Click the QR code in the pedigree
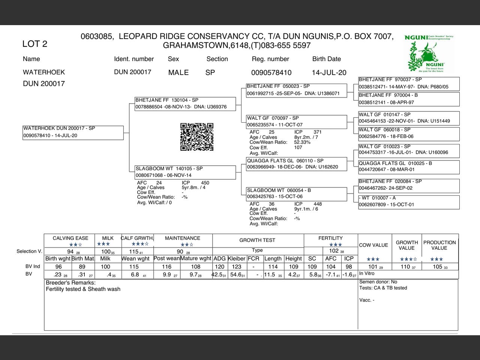[197, 137]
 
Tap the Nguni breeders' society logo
[429, 53]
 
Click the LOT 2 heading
[35, 44]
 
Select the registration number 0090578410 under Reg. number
[271, 73]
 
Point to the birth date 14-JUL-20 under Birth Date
[329, 73]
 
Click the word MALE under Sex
[178, 73]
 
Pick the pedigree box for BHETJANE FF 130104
[185, 104]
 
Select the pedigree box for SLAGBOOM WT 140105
[185, 172]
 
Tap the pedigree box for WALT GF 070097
[296, 121]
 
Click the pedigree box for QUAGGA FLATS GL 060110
[296, 164]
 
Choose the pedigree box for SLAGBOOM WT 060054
[296, 193]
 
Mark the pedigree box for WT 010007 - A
[408, 201]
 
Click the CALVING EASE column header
[70, 238]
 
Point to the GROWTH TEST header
[257, 240]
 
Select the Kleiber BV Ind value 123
[237, 267]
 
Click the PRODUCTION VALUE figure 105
[438, 267]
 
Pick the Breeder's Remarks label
[70, 283]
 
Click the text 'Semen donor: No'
[378, 282]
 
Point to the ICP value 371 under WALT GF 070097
[318, 132]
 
